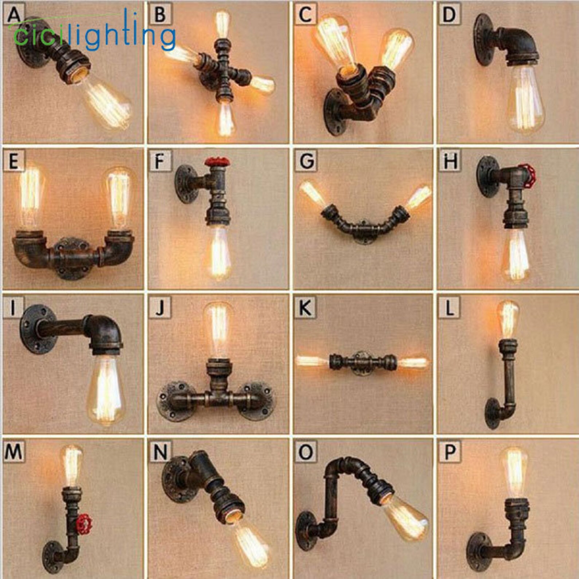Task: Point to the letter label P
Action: click(x=449, y=452)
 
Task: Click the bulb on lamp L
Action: click(x=508, y=319)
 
